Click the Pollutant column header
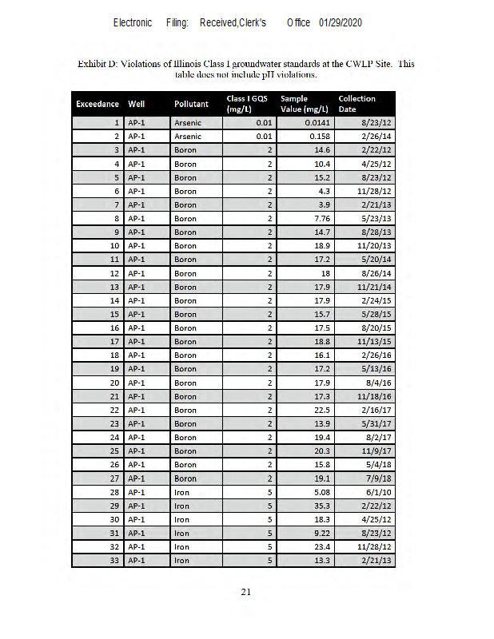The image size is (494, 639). (191, 104)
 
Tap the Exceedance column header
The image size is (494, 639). (98, 104)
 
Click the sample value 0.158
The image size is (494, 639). (319, 137)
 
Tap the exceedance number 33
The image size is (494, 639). (114, 560)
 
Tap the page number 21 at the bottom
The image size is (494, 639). (246, 592)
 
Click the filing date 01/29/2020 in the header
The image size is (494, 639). (341, 22)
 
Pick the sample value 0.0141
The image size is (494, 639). (317, 123)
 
